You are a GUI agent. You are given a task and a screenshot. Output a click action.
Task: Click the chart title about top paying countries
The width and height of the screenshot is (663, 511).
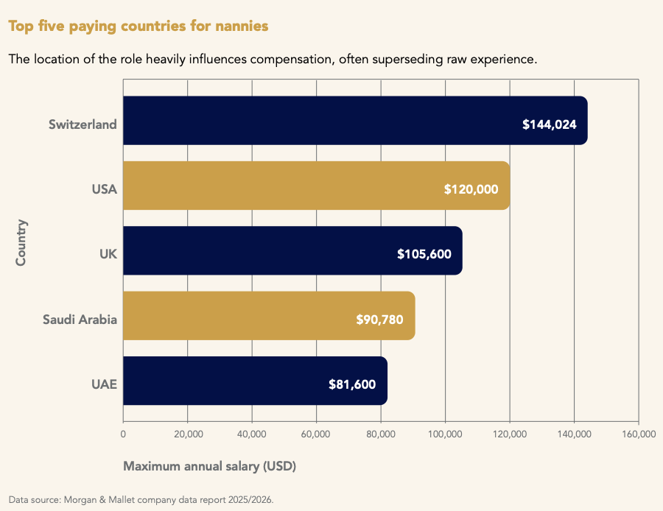pyautogui.click(x=138, y=26)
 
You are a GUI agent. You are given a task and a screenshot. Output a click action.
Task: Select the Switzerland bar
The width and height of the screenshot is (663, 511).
pyautogui.click(x=354, y=121)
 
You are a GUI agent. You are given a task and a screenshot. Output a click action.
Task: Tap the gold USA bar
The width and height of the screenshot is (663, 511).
pyautogui.click(x=315, y=186)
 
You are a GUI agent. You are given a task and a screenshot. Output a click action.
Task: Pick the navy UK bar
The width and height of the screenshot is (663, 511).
pyautogui.click(x=292, y=250)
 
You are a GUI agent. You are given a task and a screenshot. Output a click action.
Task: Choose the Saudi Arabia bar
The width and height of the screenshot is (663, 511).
pyautogui.click(x=268, y=316)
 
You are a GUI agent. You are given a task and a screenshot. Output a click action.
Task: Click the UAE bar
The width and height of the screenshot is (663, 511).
pyautogui.click(x=254, y=381)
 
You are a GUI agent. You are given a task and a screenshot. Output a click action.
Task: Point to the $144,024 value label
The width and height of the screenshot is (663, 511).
pyautogui.click(x=550, y=124)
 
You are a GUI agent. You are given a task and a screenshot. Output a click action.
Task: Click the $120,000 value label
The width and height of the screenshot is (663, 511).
pyautogui.click(x=471, y=189)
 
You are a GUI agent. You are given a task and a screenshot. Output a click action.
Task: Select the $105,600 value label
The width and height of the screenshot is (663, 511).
pyautogui.click(x=424, y=254)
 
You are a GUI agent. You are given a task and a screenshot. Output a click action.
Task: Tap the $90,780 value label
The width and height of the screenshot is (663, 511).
pyautogui.click(x=379, y=320)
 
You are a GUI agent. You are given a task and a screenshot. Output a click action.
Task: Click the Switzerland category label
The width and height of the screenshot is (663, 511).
pyautogui.click(x=83, y=124)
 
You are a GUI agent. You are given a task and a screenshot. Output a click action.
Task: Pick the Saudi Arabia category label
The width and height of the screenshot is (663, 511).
pyautogui.click(x=80, y=320)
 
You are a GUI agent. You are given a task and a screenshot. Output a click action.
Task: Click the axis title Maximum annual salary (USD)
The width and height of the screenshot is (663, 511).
pyautogui.click(x=209, y=466)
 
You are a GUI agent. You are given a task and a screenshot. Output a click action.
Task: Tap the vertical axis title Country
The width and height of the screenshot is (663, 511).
pyautogui.click(x=21, y=242)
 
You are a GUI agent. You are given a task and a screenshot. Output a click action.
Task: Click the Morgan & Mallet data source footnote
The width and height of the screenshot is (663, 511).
pyautogui.click(x=141, y=499)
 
